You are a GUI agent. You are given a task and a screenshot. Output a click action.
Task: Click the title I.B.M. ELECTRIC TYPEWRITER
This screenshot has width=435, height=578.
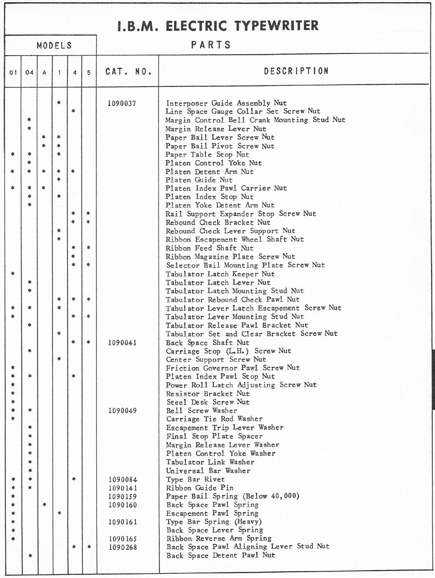pos(218,26)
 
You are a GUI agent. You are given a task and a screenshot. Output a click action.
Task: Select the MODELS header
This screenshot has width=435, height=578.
pos(54,45)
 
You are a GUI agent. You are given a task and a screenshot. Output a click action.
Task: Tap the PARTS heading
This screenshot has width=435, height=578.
pos(211,45)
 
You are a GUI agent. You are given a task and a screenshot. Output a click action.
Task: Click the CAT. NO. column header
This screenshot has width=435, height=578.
pos(128,71)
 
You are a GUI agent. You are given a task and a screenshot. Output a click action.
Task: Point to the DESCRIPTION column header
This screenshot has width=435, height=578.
pos(296,71)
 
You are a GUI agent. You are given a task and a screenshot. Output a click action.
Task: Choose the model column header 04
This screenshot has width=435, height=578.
pos(29,72)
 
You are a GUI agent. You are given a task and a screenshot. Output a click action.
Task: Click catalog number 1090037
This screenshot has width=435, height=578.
pos(122,104)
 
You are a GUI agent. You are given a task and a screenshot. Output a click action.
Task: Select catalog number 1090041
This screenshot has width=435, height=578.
pos(122,343)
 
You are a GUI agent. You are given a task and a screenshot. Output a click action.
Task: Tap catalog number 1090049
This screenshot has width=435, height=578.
pos(122,411)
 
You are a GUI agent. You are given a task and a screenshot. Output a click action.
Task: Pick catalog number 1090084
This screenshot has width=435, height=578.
pos(123,480)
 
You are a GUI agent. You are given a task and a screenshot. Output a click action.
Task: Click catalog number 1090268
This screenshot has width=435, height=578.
pos(123,547)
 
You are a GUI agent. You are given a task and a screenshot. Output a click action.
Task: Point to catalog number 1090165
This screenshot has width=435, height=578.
pos(123,539)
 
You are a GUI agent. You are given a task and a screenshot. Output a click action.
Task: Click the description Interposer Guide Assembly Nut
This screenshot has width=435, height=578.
pos(226,103)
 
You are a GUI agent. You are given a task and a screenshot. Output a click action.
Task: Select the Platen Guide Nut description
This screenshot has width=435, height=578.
pos(199,180)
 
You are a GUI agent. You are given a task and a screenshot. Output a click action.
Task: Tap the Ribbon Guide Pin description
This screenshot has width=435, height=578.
pos(200,488)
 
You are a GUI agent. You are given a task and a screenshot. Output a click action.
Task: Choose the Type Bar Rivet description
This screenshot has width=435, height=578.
pos(195,479)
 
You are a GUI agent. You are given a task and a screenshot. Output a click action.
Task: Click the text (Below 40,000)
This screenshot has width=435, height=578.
pos(271,496)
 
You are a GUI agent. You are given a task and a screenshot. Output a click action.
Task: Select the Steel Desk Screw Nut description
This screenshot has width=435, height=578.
pos(208,402)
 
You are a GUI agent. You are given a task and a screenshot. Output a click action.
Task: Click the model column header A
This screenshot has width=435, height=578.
pos(44,72)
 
